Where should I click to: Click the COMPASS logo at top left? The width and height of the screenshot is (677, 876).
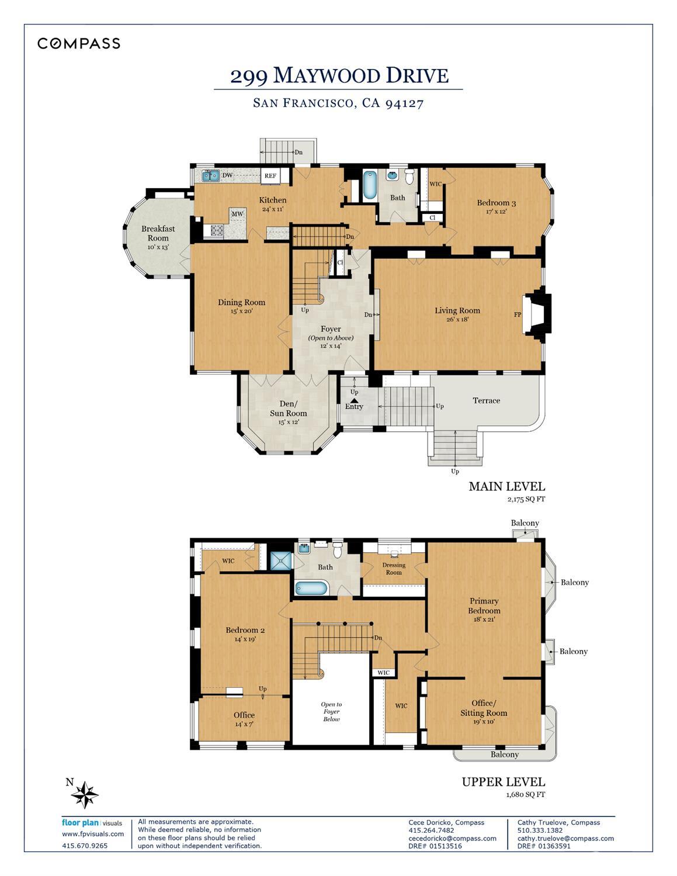pos(79,43)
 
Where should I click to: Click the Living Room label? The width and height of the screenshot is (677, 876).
pos(457,310)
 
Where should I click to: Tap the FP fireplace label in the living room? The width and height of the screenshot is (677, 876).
pos(517,314)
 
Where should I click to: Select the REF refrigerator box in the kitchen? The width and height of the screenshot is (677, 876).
pos(270,175)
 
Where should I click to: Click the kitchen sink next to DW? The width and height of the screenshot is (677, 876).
pos(210,175)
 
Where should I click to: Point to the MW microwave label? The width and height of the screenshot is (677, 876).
pos(237,214)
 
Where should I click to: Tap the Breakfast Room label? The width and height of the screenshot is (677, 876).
pos(158,233)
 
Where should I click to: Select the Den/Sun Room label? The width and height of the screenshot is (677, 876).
pos(288,408)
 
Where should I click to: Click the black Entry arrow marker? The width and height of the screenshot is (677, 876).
pos(354,400)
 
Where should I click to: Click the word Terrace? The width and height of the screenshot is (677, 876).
pos(486,400)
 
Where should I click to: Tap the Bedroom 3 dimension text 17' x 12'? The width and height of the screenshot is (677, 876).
pos(496,212)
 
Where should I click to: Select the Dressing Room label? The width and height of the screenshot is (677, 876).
pos(394,568)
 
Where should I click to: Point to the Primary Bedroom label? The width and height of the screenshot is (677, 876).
pos(484,605)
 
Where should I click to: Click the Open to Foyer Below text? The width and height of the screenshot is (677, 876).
pos(331,711)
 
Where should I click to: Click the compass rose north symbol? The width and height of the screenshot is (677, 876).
pos(86,794)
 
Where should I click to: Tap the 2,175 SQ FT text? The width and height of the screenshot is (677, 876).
pos(526,500)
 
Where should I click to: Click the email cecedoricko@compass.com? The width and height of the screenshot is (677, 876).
pos(452,837)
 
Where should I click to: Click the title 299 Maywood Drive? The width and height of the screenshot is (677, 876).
pos(339,75)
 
